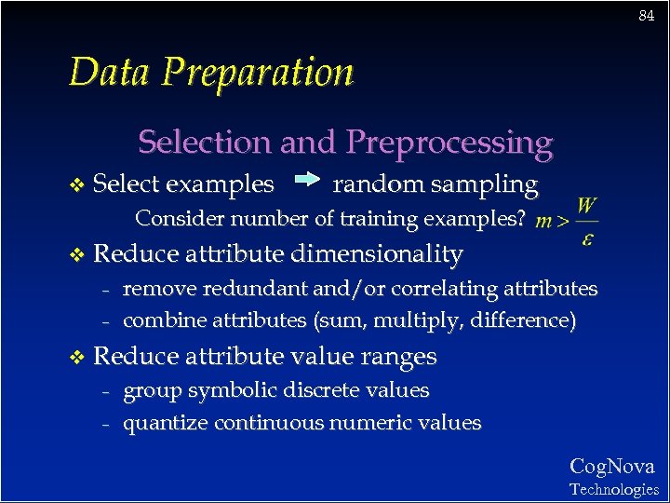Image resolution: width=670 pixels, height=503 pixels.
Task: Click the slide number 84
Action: [647, 16]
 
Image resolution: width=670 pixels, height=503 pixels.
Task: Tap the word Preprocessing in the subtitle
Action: [449, 143]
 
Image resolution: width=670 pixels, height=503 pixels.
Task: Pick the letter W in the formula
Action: [587, 205]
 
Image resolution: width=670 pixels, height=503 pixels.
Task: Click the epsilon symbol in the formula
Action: [587, 239]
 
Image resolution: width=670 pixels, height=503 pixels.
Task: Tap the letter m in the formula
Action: [544, 222]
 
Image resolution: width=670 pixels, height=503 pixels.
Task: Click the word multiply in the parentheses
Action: [403, 321]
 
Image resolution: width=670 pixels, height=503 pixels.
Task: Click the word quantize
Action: [166, 424]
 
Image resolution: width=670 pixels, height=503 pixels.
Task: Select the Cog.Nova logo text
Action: [612, 467]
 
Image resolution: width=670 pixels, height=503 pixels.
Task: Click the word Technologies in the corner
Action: [614, 489]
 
